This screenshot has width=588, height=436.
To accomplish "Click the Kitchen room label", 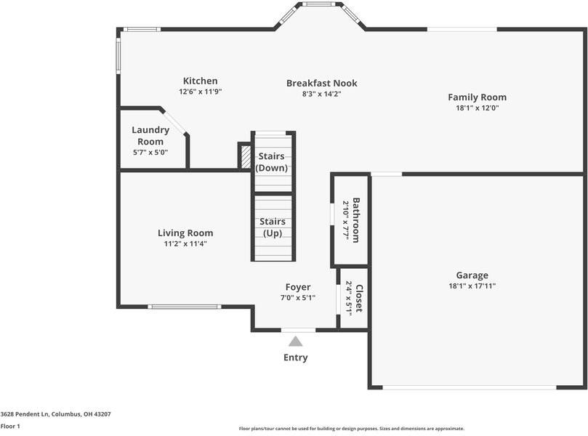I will point(200,81).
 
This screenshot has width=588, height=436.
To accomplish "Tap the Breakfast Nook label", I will point(321,83).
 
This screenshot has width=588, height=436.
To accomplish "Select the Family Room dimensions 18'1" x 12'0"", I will point(477,108).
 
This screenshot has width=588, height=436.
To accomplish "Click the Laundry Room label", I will point(150,135).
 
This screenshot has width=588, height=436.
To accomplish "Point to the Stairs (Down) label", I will point(272,162).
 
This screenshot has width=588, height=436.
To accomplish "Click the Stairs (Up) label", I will point(272,227).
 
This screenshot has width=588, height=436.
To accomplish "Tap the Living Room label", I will point(185,233).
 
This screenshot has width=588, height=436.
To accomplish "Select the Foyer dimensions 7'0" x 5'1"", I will point(298,297).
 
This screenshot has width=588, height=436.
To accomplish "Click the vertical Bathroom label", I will point(356,219).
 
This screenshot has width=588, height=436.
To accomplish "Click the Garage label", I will point(472,275).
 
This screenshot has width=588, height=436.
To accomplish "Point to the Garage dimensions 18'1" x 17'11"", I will point(472,286).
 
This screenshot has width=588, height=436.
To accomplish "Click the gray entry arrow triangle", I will point(295,341).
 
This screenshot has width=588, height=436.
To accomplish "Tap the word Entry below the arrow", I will point(295,358).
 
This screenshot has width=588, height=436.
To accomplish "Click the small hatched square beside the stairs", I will point(245,156).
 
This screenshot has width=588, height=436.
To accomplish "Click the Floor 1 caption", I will point(10,426).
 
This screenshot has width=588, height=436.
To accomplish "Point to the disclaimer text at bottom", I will point(351,429).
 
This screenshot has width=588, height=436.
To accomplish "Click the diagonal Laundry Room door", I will point(174,121).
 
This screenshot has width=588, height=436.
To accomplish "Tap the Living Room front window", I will point(184,307).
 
